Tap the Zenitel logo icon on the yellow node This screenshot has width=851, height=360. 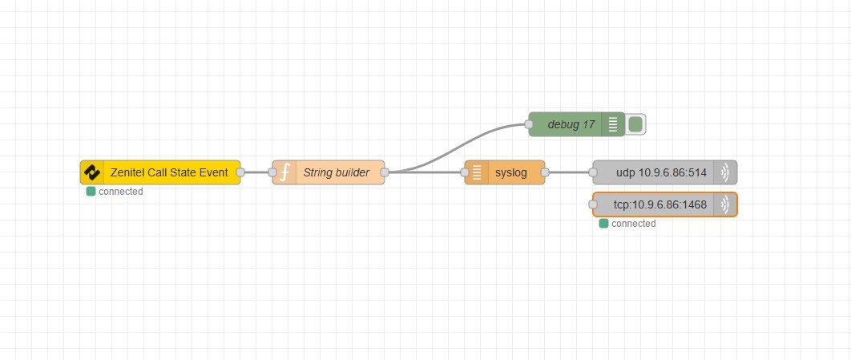(x=92, y=172)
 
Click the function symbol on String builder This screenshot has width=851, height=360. (x=284, y=172)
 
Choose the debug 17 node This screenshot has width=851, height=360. (x=571, y=124)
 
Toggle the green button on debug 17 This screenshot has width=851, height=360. (x=635, y=124)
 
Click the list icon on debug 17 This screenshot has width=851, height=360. (x=613, y=124)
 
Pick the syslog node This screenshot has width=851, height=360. (x=511, y=172)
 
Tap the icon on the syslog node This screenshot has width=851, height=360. (x=477, y=172)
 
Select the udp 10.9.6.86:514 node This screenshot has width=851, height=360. (x=661, y=172)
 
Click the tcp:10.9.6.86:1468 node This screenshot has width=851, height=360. (x=660, y=204)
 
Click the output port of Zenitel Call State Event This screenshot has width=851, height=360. (x=240, y=172)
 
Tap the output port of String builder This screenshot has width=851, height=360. (x=385, y=172)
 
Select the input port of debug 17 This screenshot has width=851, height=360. (x=529, y=124)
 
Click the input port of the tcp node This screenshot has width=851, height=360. (x=593, y=204)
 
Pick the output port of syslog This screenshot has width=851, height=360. (x=545, y=172)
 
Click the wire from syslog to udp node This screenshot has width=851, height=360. (x=569, y=172)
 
